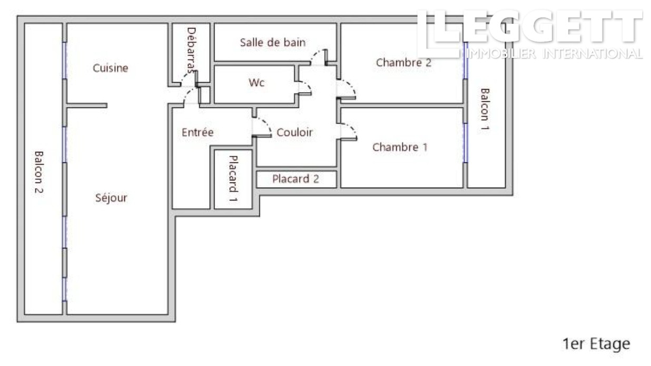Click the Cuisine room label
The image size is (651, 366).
click(x=111, y=68)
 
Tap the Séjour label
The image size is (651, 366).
click(x=111, y=198)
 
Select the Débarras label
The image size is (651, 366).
click(x=191, y=52)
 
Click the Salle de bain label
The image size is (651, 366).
click(x=272, y=43)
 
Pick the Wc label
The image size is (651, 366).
click(x=256, y=83)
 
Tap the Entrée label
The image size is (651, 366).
click(x=198, y=132)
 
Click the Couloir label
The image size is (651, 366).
click(x=294, y=133)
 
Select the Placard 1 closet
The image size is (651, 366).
click(x=233, y=179)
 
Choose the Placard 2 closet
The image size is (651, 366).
click(x=295, y=179)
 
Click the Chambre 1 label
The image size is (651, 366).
click(x=400, y=147)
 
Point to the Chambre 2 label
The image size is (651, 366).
click(x=403, y=63)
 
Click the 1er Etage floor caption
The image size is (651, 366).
click(x=596, y=344)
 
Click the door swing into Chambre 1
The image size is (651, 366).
click(x=349, y=130)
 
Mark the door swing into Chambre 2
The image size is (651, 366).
click(x=348, y=89)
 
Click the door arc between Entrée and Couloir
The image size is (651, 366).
click(x=262, y=127)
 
